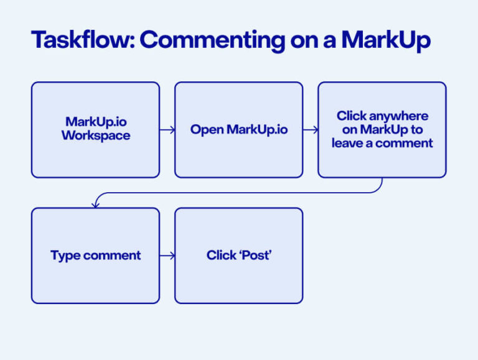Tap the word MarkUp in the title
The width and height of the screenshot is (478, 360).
387,40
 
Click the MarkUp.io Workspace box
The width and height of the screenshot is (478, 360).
95,129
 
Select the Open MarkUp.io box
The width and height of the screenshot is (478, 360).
238,129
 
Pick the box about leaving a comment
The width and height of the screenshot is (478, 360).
382,129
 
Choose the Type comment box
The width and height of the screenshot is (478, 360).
95,255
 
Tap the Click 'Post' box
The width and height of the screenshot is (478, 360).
238,255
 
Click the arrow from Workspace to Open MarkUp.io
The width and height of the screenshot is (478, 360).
167,130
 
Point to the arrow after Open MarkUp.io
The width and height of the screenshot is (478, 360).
311,130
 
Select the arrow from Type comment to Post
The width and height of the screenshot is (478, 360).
167,256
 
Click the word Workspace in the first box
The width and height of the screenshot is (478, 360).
95,136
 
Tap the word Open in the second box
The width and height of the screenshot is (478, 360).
207,130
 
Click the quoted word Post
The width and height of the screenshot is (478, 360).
256,256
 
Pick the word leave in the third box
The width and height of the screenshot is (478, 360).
347,143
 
